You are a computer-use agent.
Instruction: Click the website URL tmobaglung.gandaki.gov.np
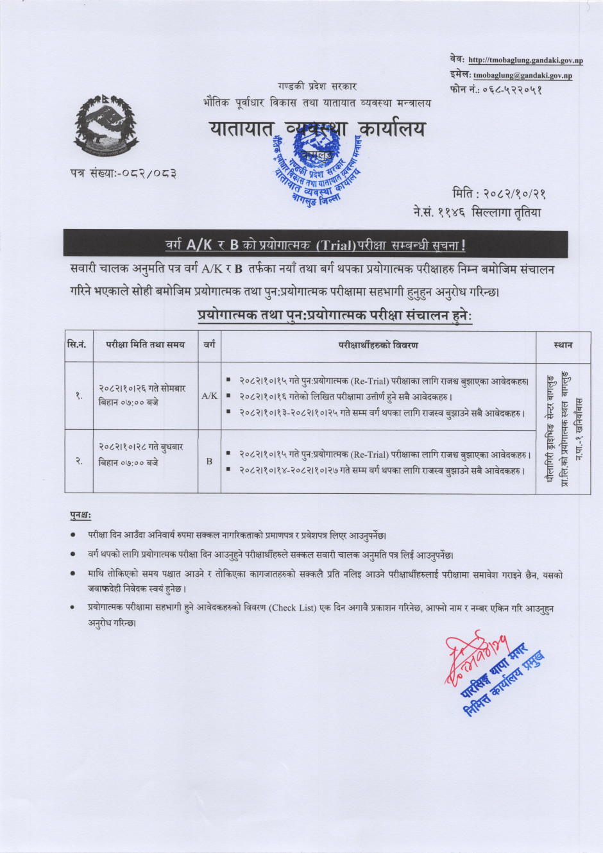coord(525,60)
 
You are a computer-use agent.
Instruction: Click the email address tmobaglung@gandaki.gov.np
coord(522,76)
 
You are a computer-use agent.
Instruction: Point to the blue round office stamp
coord(315,168)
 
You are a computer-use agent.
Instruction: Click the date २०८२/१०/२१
coord(517,194)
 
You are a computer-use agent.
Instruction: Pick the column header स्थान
coord(563,345)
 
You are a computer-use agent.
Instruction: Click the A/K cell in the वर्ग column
coord(209,396)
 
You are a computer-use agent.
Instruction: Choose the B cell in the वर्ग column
coord(209,461)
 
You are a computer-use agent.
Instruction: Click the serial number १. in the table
coord(78,396)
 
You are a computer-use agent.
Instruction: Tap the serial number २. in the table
coord(78,461)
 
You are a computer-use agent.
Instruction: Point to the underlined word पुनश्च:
coord(81,514)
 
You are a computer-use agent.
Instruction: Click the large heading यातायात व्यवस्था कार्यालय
coord(317,129)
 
